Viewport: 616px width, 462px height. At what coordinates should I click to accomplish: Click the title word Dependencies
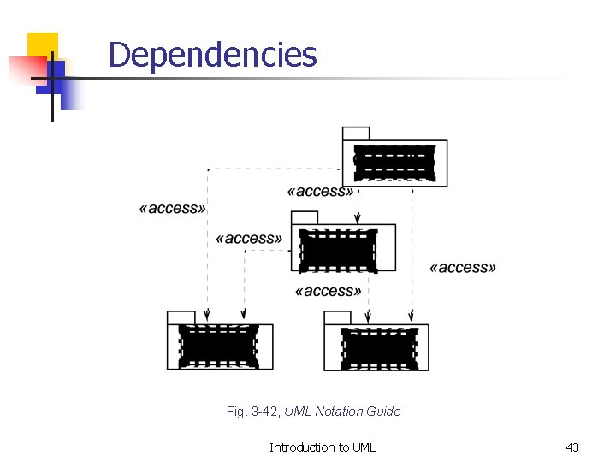(x=212, y=55)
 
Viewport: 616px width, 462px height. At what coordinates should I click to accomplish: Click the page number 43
(x=572, y=447)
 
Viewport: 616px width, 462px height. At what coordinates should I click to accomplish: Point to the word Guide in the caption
(x=384, y=412)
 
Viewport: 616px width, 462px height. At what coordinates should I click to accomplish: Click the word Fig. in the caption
(x=235, y=412)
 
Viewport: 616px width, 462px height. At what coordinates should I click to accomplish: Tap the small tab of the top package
(x=356, y=133)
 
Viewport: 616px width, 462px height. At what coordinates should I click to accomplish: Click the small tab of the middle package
(x=305, y=217)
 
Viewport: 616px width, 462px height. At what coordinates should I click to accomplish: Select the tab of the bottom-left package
(x=181, y=317)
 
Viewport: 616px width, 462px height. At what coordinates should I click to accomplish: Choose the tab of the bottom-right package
(x=338, y=317)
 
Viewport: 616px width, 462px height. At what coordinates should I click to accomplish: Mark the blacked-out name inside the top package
(x=394, y=163)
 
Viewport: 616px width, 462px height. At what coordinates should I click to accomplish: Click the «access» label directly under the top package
(x=321, y=192)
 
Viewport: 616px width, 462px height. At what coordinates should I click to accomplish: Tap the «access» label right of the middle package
(x=463, y=268)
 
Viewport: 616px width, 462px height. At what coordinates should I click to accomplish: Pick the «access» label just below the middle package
(x=328, y=291)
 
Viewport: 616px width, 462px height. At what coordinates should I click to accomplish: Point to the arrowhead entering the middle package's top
(x=358, y=221)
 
